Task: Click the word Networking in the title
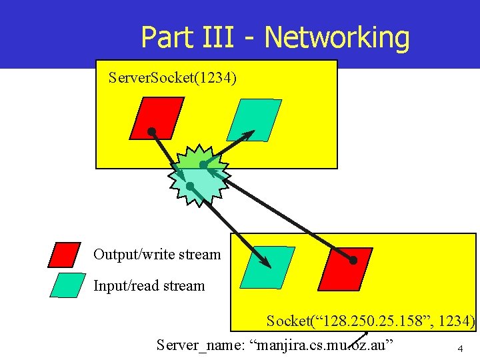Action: pyautogui.click(x=337, y=37)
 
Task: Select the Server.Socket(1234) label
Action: pyautogui.click(x=172, y=79)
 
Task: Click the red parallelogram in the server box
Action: pyautogui.click(x=156, y=118)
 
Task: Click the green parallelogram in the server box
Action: pyautogui.click(x=254, y=120)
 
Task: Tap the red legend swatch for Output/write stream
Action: pyautogui.click(x=65, y=255)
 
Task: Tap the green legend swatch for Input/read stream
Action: pyautogui.click(x=68, y=285)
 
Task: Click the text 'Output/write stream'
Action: pyautogui.click(x=157, y=255)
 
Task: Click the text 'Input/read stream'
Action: pyautogui.click(x=149, y=286)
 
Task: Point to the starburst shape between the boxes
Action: pyautogui.click(x=197, y=175)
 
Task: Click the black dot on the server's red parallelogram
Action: pyautogui.click(x=152, y=131)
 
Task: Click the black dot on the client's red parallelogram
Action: pyautogui.click(x=353, y=260)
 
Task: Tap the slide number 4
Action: pyautogui.click(x=459, y=349)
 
